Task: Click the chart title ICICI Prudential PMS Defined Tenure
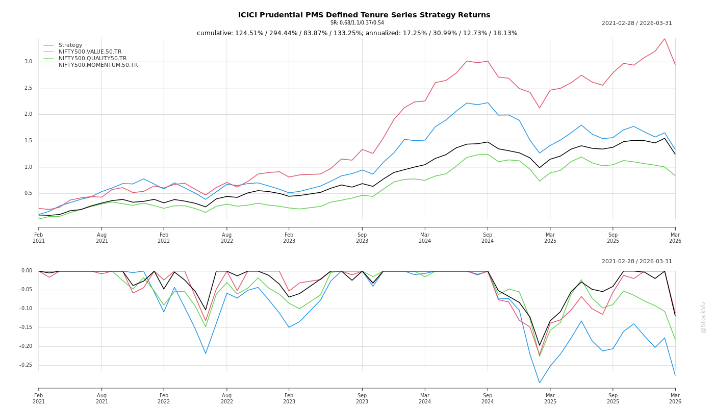click(364, 15)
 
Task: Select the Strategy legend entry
click(70, 45)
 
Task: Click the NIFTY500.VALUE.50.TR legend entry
click(90, 52)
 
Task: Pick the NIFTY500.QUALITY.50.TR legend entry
click(92, 59)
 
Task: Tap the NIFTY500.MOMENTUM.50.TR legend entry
click(98, 65)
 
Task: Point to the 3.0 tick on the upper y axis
click(28, 62)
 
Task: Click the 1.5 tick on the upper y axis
click(28, 141)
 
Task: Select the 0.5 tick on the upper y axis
click(28, 193)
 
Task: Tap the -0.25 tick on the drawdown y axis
click(26, 365)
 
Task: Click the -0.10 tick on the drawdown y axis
click(26, 309)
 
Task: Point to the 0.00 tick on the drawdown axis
click(27, 271)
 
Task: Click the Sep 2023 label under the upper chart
click(362, 238)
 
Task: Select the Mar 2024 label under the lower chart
click(425, 398)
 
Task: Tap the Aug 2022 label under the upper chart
click(226, 238)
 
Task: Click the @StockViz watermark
click(703, 317)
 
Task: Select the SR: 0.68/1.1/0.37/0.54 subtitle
click(357, 23)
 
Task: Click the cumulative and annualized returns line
click(357, 33)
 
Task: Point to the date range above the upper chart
click(636, 23)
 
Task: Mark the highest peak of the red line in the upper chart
click(665, 38)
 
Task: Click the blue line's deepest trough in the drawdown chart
click(540, 382)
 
